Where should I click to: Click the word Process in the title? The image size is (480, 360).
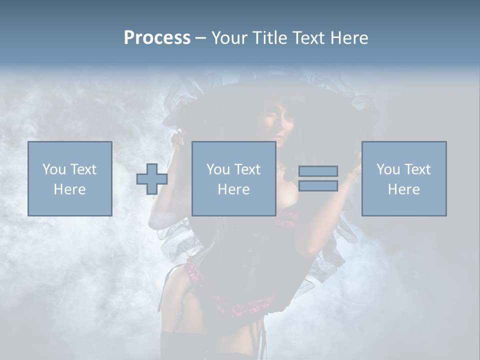[157, 38]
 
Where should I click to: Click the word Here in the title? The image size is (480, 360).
[349, 38]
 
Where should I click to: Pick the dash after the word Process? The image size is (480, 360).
[200, 38]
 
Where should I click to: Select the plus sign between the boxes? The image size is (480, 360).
[152, 179]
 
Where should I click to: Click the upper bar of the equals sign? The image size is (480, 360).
[318, 171]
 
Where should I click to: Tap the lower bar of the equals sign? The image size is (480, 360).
[318, 186]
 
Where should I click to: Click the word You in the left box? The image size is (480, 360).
[53, 169]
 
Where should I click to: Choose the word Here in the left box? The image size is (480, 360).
[69, 189]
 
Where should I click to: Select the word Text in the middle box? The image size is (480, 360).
[247, 169]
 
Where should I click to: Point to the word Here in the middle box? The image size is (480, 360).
[233, 189]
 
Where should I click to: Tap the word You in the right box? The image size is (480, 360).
[387, 169]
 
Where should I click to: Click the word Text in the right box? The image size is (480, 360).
[417, 169]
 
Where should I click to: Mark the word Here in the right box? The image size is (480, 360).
[403, 189]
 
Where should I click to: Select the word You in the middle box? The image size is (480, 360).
[218, 169]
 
